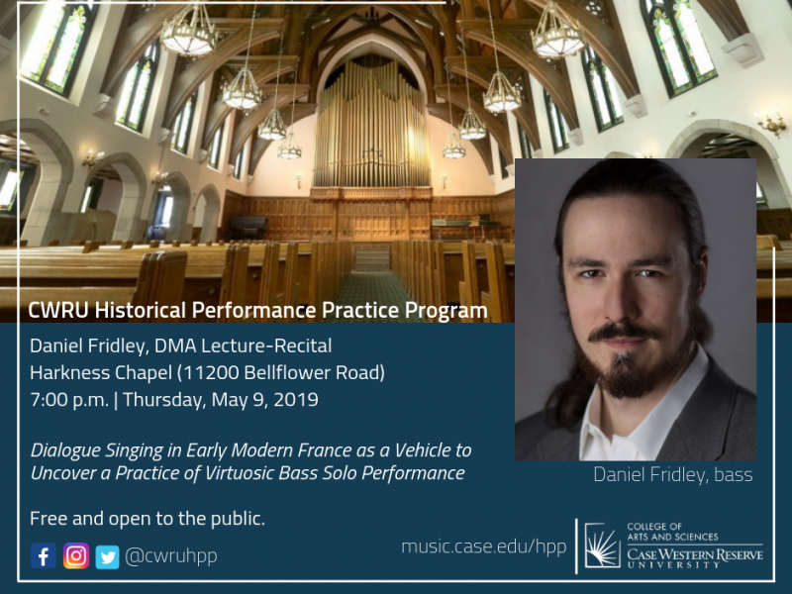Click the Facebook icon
click(x=44, y=556)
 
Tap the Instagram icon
click(x=76, y=556)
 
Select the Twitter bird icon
click(x=108, y=556)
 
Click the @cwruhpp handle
click(x=170, y=556)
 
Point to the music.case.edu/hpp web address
click(x=484, y=546)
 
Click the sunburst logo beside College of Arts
click(x=602, y=545)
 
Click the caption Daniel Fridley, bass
click(x=673, y=475)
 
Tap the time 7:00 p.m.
click(x=69, y=400)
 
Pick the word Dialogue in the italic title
click(x=65, y=450)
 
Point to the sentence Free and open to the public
click(x=147, y=519)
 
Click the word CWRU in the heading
click(x=58, y=311)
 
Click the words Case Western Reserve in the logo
click(x=695, y=555)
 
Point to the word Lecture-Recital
click(x=266, y=346)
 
